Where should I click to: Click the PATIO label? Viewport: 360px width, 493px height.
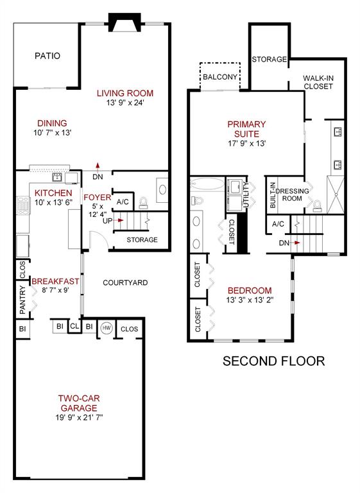click(47, 56)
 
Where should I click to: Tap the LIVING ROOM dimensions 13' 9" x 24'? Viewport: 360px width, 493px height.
click(125, 104)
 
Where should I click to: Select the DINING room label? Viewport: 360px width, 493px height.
click(52, 123)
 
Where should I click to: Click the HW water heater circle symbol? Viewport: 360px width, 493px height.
click(106, 327)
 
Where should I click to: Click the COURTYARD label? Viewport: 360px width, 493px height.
click(126, 282)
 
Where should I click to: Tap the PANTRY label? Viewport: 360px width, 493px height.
click(22, 300)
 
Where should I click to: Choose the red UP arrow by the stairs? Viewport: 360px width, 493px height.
click(119, 220)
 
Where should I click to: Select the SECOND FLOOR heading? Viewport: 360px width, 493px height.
click(273, 361)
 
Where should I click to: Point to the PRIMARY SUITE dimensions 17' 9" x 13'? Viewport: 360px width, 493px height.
click(246, 144)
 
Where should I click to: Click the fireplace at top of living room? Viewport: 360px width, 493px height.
click(123, 24)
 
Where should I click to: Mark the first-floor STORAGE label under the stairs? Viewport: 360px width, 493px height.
click(142, 240)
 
